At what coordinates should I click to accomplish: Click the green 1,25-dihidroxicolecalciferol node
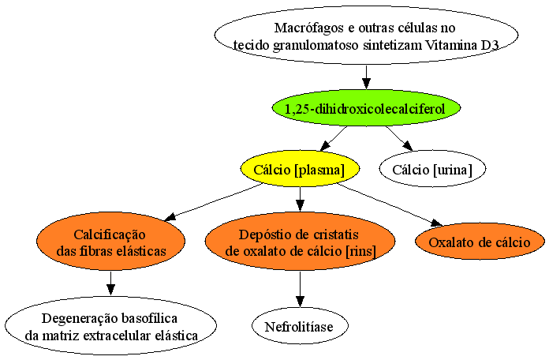coord(366,108)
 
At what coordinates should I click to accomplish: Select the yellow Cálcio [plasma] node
coord(300,169)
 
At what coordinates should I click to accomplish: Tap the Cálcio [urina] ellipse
coord(432,169)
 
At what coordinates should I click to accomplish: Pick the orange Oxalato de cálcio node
coord(480,242)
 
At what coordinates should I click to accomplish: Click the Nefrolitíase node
coord(300,326)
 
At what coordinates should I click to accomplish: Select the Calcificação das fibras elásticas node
coord(110,241)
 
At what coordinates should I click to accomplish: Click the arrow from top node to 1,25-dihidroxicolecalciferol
coord(366,77)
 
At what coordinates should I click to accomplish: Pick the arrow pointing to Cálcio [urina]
coord(399,139)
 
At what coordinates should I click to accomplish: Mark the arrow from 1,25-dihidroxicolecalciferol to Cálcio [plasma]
coord(334,139)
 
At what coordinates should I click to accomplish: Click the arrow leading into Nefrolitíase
coord(300,289)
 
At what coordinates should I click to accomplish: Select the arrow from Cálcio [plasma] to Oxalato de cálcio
coord(390,205)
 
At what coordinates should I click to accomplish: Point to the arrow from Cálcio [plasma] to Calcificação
coord(213,202)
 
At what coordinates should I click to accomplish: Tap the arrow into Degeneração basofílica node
coord(110,283)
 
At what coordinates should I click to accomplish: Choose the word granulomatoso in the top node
coord(316,46)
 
